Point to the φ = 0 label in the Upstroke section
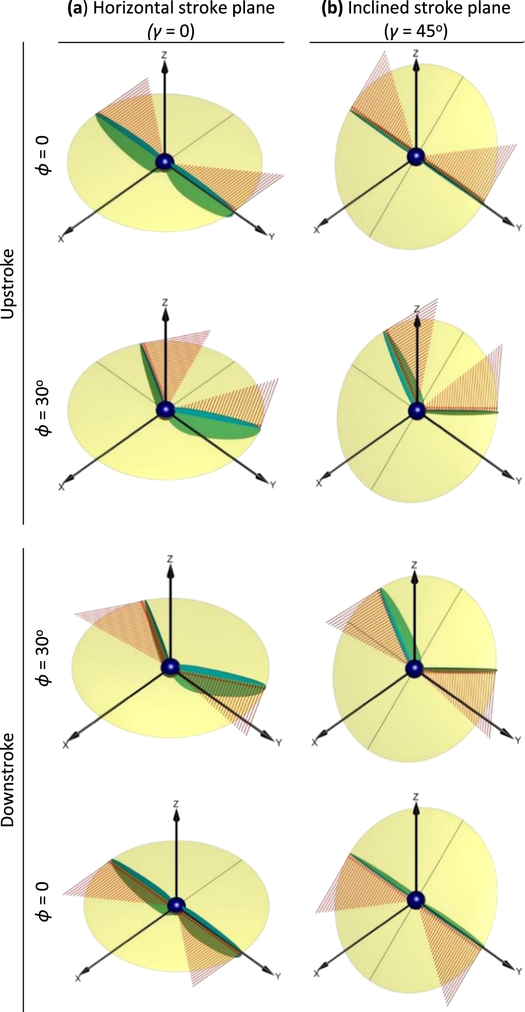45,162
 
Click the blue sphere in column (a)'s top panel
165,162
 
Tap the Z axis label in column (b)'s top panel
415,53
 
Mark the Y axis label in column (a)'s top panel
271,237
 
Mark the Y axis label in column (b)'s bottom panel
517,975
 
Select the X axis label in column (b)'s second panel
319,483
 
